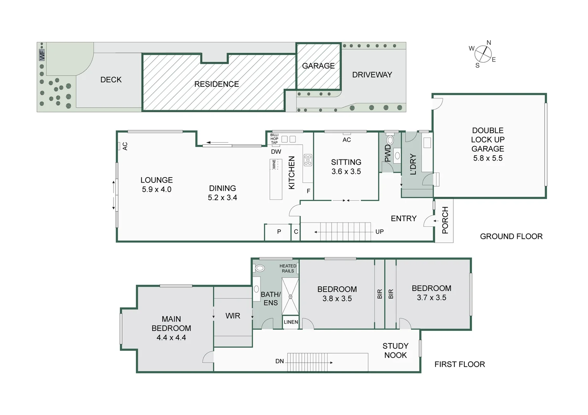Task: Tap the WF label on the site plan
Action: [42, 55]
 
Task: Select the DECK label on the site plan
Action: [111, 80]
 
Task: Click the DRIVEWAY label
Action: [372, 75]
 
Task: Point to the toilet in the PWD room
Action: [390, 140]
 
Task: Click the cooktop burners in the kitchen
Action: [308, 160]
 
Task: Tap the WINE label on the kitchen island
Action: [274, 164]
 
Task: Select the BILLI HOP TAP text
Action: [274, 139]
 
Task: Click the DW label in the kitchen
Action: [276, 151]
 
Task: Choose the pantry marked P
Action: [279, 232]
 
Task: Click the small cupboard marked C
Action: [296, 232]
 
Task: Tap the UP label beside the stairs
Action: [379, 232]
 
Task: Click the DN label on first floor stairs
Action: [280, 361]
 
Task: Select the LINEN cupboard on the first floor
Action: [291, 322]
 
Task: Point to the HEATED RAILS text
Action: [287, 268]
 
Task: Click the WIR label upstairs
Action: [233, 315]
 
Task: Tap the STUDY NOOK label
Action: [395, 350]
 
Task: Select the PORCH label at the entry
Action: [445, 220]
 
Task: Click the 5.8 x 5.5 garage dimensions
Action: [488, 158]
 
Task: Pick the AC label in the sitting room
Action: [346, 140]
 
